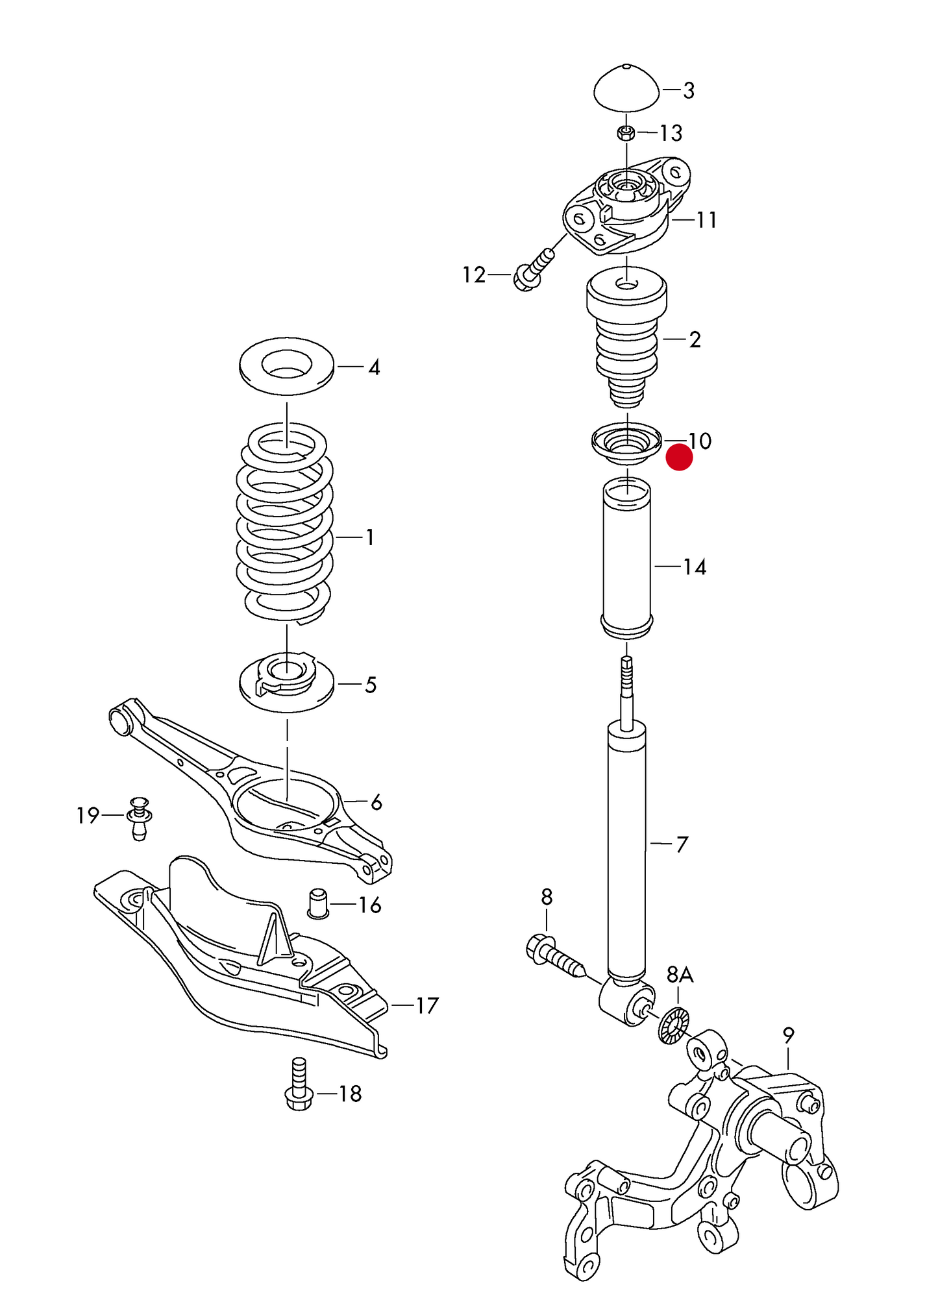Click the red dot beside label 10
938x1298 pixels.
click(679, 457)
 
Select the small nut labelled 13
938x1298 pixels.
click(626, 134)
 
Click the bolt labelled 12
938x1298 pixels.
click(534, 269)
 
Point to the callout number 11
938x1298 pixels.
click(706, 221)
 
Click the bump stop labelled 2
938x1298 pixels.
click(626, 337)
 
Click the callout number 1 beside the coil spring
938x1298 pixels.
click(370, 537)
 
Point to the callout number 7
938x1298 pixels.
click(682, 844)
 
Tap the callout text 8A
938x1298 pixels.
click(680, 974)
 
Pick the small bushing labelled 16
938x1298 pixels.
click(317, 903)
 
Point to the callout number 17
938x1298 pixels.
click(427, 1006)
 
